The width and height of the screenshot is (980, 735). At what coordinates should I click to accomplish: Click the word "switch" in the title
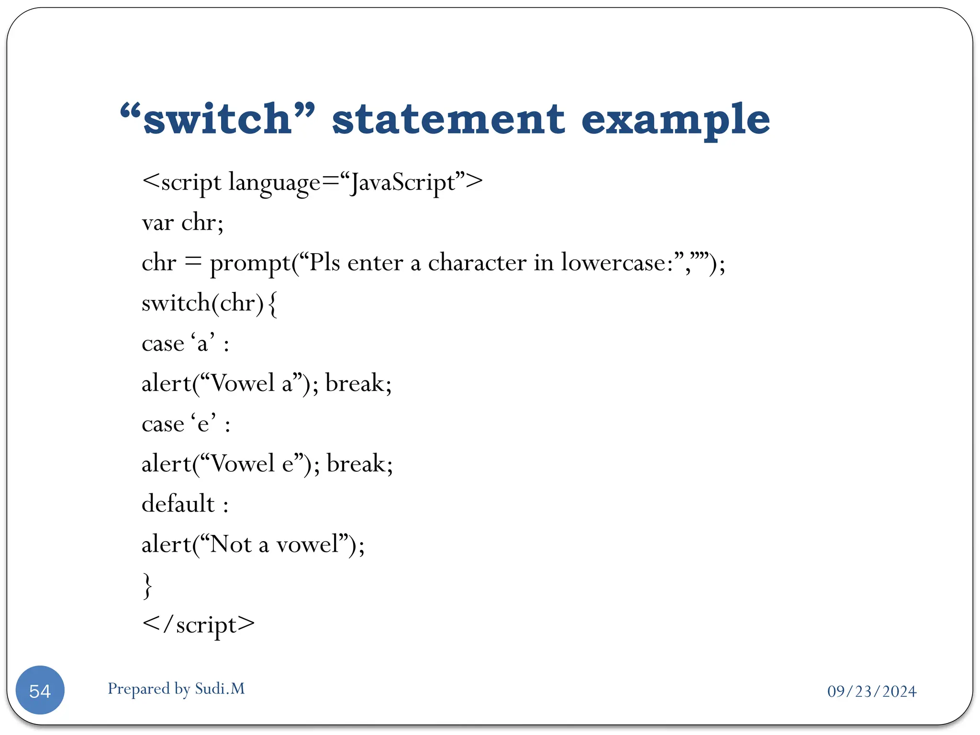coord(217,119)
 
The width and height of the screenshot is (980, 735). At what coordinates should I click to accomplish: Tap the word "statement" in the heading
coord(448,119)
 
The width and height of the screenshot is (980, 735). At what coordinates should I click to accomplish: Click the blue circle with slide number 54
coord(40,690)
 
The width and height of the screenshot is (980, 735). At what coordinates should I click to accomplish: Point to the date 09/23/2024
coord(871,691)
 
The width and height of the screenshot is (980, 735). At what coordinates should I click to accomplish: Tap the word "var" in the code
coord(158,223)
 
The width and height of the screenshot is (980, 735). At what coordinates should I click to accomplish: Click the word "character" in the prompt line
coord(477,263)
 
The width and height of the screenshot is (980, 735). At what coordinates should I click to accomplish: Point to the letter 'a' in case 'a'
coord(202,344)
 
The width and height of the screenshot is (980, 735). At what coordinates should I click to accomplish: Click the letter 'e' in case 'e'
coord(203,424)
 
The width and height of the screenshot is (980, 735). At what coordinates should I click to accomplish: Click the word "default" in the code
coord(178,504)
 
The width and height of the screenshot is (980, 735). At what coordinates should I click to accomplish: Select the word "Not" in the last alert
coord(231,544)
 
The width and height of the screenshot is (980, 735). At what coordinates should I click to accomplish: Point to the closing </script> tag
coord(198,625)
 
